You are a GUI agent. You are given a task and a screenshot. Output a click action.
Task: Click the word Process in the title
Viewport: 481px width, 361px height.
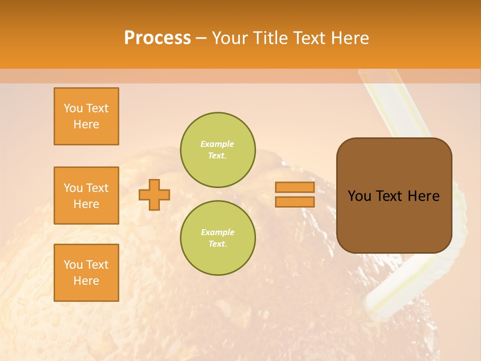pyautogui.click(x=157, y=38)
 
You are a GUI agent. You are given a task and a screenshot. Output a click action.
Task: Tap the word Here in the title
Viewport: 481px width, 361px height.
pyautogui.click(x=349, y=38)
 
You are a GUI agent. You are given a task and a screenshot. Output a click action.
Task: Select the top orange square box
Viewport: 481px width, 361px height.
pyautogui.click(x=86, y=116)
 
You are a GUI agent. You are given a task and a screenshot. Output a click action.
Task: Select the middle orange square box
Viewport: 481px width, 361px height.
pyautogui.click(x=86, y=196)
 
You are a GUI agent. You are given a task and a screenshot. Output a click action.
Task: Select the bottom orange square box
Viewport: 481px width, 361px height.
pyautogui.click(x=86, y=273)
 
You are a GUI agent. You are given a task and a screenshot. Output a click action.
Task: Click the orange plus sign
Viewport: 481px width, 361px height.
pyautogui.click(x=154, y=195)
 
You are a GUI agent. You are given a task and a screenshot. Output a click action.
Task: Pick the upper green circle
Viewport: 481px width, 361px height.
pyautogui.click(x=217, y=149)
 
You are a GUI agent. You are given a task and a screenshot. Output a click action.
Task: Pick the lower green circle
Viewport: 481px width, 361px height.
pyautogui.click(x=217, y=238)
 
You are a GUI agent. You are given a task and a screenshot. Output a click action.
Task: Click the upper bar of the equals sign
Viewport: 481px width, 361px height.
pyautogui.click(x=295, y=188)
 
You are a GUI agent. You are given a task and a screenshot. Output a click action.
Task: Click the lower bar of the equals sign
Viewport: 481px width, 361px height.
pyautogui.click(x=295, y=202)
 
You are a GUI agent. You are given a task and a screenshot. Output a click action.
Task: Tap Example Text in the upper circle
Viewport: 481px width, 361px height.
pyautogui.click(x=217, y=150)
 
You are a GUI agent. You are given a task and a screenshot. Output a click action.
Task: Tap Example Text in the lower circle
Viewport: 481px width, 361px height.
pyautogui.click(x=217, y=238)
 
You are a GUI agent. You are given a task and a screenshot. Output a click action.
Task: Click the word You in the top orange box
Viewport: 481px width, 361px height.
pyautogui.click(x=72, y=108)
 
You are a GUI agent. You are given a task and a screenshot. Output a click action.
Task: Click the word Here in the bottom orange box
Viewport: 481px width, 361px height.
pyautogui.click(x=86, y=281)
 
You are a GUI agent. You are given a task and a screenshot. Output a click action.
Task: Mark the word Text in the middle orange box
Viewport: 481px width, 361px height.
pyautogui.click(x=97, y=188)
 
